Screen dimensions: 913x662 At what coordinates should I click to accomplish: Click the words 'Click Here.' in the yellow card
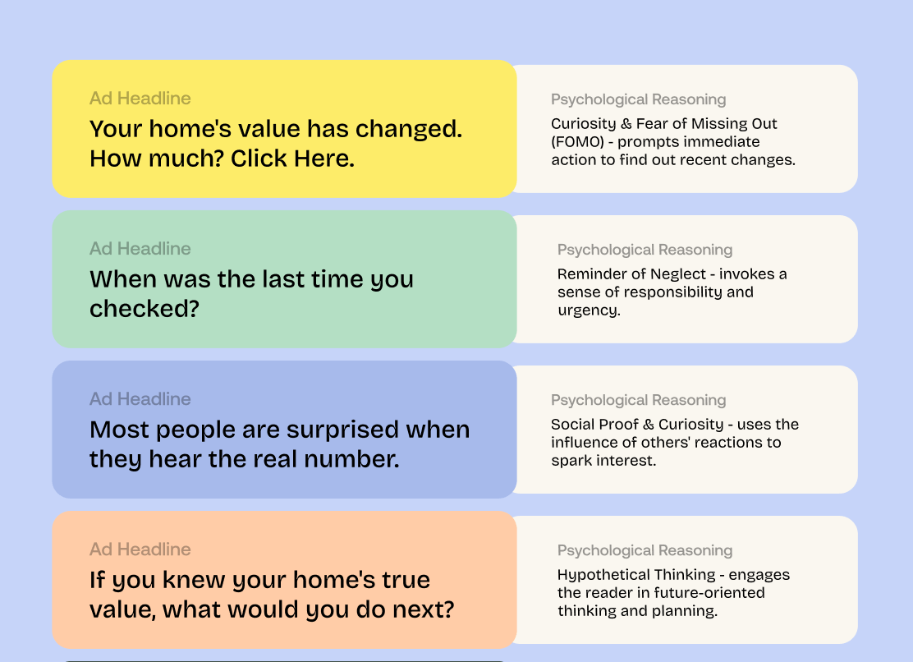[x=292, y=159]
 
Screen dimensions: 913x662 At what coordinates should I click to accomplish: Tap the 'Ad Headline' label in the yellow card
[x=140, y=99]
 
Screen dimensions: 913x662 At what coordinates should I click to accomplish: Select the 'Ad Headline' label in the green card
[x=140, y=249]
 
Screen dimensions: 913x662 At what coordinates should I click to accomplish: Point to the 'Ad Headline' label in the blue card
[x=140, y=399]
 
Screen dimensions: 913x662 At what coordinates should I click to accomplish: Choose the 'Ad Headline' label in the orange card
[x=140, y=549]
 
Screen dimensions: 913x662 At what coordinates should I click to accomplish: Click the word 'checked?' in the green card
[x=145, y=309]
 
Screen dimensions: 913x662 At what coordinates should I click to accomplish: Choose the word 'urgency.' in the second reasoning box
[x=589, y=311]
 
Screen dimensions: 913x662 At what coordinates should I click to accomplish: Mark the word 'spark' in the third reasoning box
[x=570, y=461]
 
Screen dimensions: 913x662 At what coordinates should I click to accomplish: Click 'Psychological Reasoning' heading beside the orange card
[x=645, y=551]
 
